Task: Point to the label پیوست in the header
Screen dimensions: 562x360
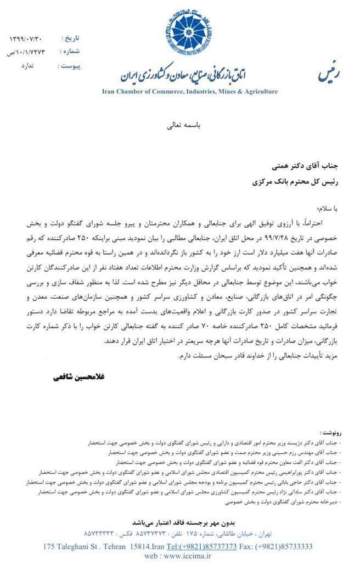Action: pos(69,66)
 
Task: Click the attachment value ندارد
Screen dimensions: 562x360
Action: pos(27,66)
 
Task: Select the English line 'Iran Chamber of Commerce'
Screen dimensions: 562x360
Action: pos(190,92)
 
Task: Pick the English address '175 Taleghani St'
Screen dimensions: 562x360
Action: pos(71,547)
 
